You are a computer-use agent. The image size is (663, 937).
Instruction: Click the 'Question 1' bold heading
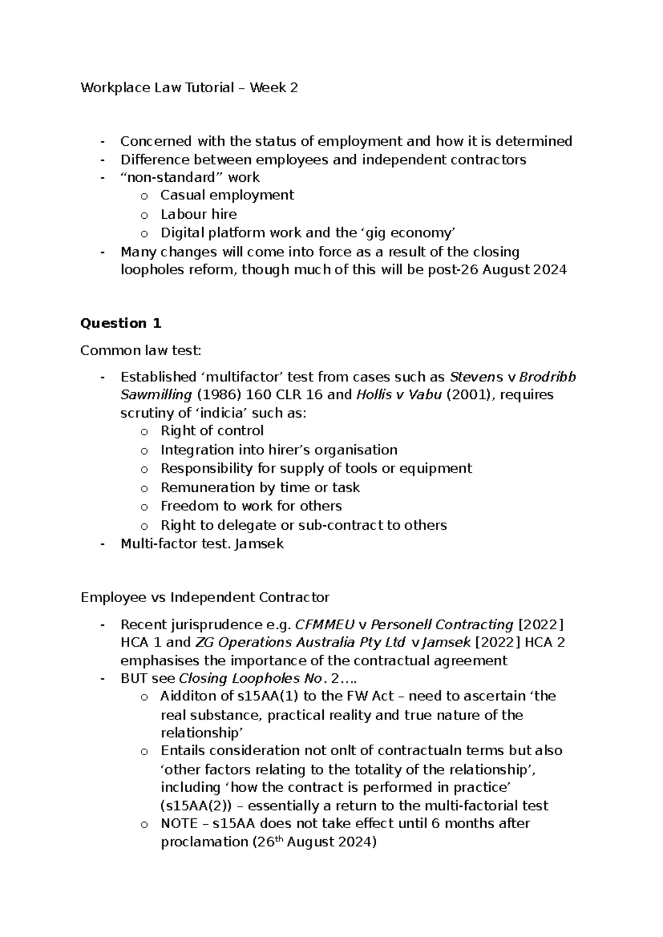[x=120, y=323]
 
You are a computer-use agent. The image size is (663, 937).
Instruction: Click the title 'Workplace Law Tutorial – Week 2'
[x=189, y=87]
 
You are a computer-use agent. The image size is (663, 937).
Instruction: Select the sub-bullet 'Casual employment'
[x=227, y=195]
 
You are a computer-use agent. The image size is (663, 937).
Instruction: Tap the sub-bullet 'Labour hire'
[x=198, y=214]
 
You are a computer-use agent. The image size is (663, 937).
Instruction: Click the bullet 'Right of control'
[x=212, y=430]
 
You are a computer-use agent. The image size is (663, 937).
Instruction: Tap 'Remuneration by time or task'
[x=260, y=487]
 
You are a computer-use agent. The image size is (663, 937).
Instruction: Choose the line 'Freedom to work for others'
[x=251, y=506]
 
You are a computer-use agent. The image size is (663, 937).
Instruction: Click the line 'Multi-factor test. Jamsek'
[x=202, y=544]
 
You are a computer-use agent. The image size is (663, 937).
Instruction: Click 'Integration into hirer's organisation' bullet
[x=278, y=450]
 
